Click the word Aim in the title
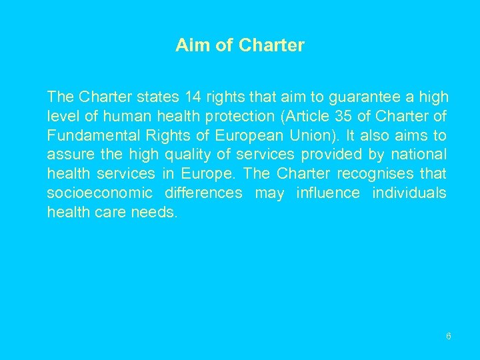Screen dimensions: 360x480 pos(189,45)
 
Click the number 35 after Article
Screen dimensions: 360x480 pos(343,117)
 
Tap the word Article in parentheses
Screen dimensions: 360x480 pos(306,117)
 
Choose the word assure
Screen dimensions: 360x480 pos(67,155)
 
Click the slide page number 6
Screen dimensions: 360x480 pos(449,336)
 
